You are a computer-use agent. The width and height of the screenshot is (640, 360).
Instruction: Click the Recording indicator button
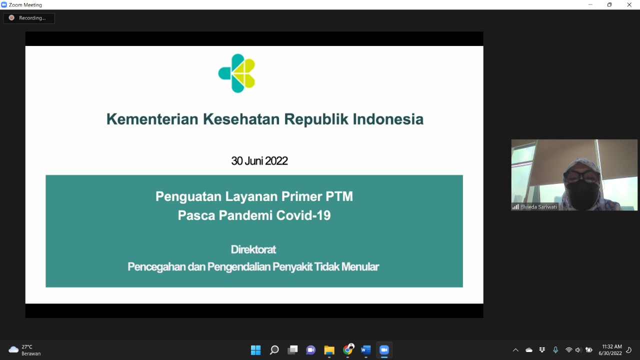29,18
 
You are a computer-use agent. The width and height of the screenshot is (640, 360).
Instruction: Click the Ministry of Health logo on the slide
237,73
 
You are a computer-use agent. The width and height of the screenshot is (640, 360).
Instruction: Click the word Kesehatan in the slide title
241,119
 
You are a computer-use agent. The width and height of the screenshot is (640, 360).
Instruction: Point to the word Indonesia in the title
388,119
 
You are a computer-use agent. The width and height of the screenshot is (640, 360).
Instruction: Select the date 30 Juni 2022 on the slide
259,161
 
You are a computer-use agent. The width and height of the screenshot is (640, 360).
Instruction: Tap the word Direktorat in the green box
253,249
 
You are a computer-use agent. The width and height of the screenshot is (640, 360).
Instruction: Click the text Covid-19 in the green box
303,215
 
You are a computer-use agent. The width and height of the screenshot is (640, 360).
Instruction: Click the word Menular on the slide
360,266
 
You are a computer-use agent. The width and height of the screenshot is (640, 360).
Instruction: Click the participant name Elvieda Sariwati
538,207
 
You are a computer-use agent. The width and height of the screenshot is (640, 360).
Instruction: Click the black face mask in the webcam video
582,195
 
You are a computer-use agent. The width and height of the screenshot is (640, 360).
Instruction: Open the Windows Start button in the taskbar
255,350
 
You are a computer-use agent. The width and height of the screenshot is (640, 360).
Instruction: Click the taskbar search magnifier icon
274,350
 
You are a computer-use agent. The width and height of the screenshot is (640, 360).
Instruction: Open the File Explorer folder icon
329,350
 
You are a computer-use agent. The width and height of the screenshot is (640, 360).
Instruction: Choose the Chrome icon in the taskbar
347,349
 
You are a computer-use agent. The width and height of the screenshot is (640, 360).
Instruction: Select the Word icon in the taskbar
365,350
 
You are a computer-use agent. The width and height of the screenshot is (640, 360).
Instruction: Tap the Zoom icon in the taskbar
384,350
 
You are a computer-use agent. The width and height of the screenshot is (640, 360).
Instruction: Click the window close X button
629,4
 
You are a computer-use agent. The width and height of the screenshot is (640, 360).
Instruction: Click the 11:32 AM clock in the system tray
612,346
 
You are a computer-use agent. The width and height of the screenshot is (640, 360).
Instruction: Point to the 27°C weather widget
24,350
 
